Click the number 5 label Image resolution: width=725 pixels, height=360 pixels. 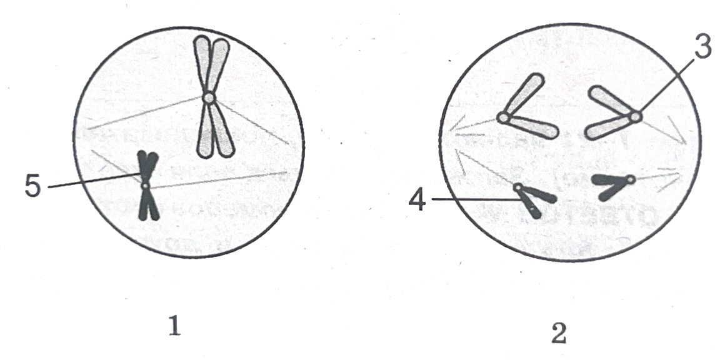[33, 187]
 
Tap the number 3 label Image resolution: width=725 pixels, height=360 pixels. [702, 47]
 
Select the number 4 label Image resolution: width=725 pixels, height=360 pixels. [417, 201]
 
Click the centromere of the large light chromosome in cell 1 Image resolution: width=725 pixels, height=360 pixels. [209, 98]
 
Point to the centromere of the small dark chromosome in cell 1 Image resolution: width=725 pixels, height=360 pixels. [146, 186]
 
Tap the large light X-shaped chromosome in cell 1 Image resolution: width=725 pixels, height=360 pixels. [212, 97]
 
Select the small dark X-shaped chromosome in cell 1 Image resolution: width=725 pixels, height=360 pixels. [147, 186]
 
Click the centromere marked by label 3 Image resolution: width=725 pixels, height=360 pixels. [636, 116]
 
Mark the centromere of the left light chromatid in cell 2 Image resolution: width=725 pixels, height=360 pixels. [504, 118]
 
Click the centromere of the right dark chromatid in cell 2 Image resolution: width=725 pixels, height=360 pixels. [631, 178]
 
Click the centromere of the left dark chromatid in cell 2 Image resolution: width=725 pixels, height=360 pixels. [518, 187]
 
